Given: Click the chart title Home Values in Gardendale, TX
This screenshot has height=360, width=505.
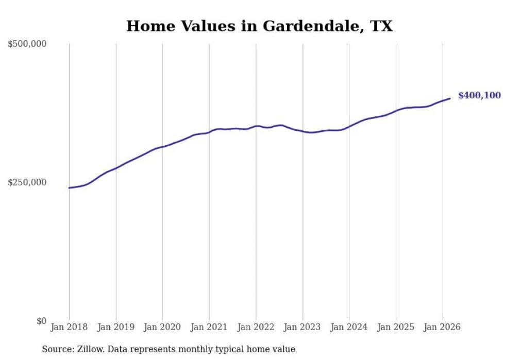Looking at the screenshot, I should click(x=259, y=26).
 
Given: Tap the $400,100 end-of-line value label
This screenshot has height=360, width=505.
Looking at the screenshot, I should click(x=479, y=95).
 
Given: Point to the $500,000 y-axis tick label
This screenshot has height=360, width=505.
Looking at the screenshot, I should click(x=27, y=44).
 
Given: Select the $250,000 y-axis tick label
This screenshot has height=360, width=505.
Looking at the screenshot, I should click(x=27, y=182).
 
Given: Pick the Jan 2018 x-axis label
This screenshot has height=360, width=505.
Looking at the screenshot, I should click(x=69, y=327).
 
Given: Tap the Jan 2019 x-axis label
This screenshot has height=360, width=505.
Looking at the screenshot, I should click(x=116, y=327).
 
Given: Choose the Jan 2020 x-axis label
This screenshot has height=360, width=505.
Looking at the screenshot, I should click(x=162, y=327).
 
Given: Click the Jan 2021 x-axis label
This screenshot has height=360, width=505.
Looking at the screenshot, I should click(x=209, y=327).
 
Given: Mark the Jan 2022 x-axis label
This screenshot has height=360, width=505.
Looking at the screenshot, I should click(x=256, y=327).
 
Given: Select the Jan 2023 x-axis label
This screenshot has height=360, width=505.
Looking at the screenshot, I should click(x=302, y=327).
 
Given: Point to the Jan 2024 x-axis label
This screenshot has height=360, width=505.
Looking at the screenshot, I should click(x=349, y=327).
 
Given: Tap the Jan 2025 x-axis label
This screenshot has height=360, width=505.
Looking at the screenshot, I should click(x=396, y=327).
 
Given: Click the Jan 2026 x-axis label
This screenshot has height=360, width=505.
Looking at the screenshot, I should click(x=442, y=327).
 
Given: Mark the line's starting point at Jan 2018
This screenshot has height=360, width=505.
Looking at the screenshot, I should click(x=69, y=187).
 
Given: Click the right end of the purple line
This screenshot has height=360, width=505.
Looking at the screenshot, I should click(x=450, y=98).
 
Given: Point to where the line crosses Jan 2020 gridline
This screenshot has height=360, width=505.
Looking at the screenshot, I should click(x=162, y=147).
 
